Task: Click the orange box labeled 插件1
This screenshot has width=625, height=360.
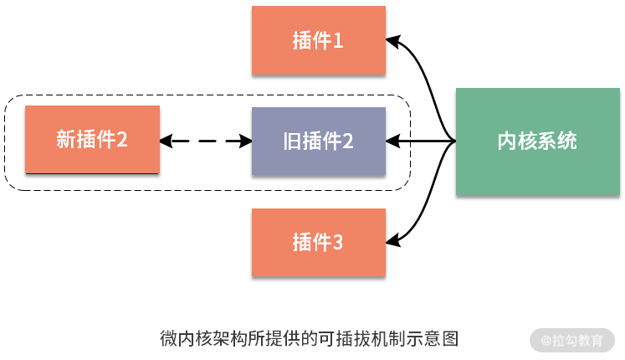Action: pos(318,40)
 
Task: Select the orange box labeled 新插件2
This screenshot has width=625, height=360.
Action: pos(92,140)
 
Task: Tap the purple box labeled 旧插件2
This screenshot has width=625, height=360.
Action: pos(318,141)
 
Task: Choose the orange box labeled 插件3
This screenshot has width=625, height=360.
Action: pos(318,243)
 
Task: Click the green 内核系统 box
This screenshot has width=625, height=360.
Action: pos(536,141)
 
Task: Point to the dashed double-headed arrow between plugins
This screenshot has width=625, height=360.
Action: pos(206,141)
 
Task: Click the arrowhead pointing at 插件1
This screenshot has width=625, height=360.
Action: pos(392,39)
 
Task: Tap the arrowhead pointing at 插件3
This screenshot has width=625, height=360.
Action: pos(392,243)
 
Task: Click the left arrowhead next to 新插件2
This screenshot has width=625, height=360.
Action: pos(166,141)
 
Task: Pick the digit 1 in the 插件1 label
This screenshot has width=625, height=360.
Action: pos(338,40)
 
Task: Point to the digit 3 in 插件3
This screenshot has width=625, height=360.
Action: pos(338,244)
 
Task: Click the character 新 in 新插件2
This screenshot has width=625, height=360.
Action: pos(65,140)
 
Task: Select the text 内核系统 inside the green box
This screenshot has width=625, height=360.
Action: pos(536,141)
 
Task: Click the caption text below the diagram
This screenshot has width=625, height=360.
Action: pos(310,339)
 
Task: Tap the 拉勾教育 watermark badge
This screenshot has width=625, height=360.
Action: pos(572,341)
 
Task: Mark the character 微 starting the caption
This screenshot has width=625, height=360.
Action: pos(168,339)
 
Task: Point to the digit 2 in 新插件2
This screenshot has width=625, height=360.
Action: pos(121,140)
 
